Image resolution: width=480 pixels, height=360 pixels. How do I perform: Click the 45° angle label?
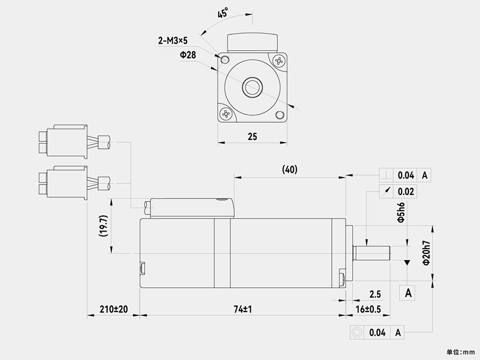tap(223, 13)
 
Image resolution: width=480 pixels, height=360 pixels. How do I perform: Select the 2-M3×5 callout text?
tap(173, 41)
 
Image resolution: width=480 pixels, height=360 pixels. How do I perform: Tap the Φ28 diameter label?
tap(188, 55)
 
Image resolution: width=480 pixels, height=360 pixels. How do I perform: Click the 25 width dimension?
tap(252, 137)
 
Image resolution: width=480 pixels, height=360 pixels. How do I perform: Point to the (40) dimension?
tap(290, 169)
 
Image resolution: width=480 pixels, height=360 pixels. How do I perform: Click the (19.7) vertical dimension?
tap(103, 226)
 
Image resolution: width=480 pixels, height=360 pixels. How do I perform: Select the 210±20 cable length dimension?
tap(114, 309)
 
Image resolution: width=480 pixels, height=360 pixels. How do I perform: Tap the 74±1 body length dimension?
tap(243, 309)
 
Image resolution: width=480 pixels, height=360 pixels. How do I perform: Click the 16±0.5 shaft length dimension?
tap(368, 309)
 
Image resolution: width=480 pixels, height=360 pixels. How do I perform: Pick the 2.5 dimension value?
tap(375, 294)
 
